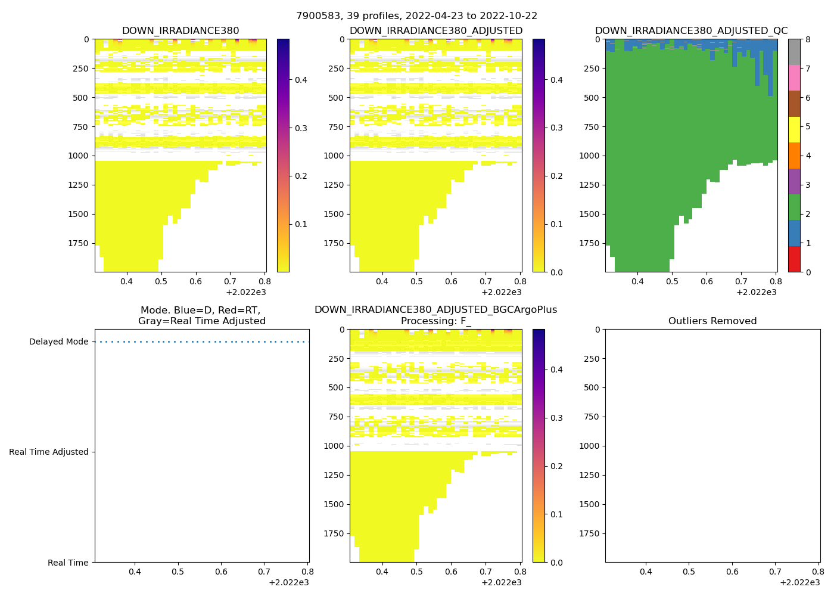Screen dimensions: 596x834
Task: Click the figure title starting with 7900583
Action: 416,16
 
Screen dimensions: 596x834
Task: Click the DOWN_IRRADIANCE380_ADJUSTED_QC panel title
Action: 691,31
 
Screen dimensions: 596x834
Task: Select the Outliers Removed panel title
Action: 712,321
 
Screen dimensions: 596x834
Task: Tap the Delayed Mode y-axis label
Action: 58,342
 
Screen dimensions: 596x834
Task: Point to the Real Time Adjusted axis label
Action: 49,452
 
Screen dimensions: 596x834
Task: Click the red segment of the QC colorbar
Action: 794,259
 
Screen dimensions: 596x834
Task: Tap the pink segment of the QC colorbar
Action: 794,77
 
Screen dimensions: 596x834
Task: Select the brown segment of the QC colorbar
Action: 794,104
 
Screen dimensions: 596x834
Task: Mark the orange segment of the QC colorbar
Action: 794,156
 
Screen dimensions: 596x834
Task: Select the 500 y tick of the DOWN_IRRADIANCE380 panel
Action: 81,98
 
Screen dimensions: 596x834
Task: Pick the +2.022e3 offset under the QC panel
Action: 757,292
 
